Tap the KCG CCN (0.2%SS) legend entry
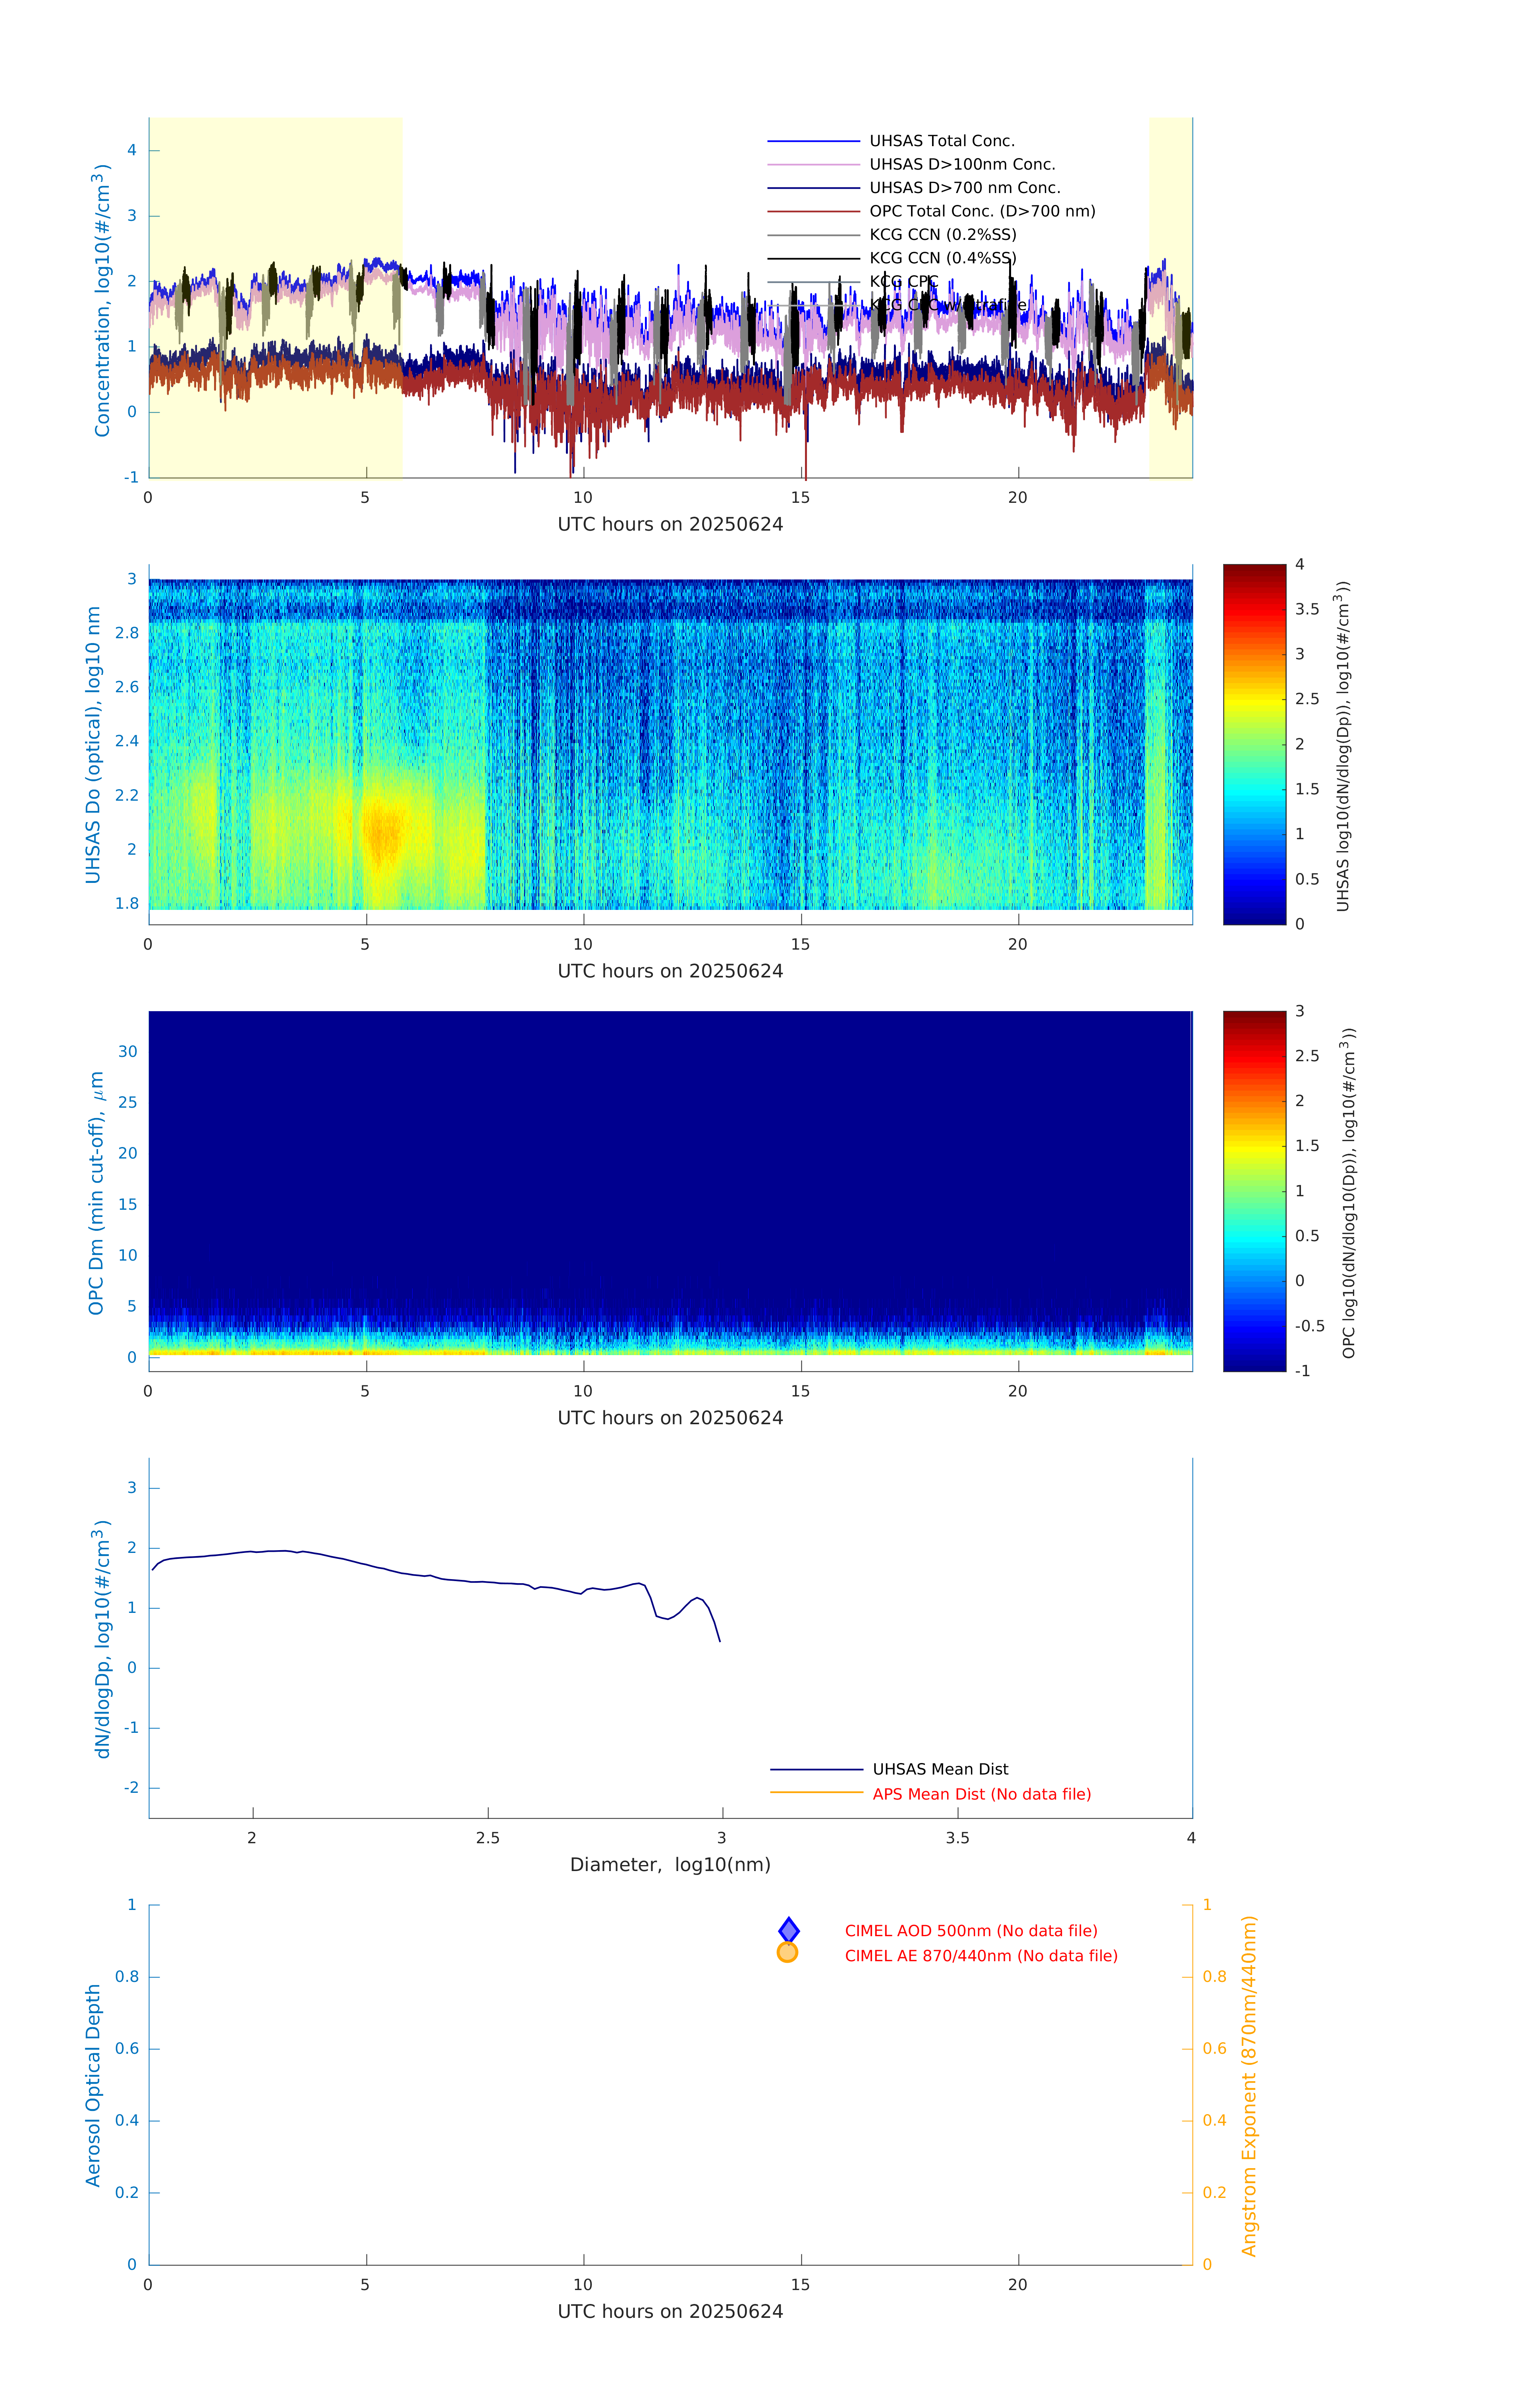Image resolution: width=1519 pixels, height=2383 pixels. (942, 235)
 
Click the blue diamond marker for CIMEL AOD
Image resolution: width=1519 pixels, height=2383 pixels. (789, 1930)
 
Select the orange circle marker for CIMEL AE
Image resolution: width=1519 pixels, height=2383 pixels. (788, 1952)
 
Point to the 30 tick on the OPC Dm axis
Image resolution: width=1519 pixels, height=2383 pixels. (127, 1051)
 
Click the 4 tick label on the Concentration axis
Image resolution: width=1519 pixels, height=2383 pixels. (131, 151)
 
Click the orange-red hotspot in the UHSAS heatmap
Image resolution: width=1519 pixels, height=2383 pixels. (382, 831)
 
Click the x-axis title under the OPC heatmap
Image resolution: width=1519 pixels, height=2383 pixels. (670, 1418)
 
